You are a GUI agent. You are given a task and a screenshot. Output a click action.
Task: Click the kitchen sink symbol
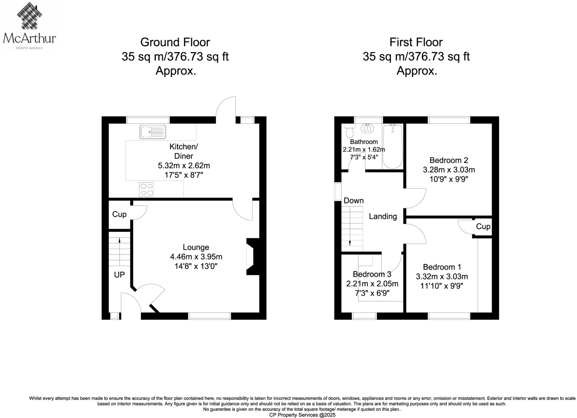point(152,132)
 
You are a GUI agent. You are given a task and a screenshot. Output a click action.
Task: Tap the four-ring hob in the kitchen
point(146,189)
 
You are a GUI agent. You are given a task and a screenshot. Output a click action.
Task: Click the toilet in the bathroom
point(349,132)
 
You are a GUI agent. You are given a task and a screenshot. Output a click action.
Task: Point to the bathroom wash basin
point(367,128)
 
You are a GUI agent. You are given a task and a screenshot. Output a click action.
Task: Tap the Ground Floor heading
point(175,42)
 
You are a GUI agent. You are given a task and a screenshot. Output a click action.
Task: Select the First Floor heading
point(416,42)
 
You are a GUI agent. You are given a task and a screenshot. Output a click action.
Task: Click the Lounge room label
point(196,247)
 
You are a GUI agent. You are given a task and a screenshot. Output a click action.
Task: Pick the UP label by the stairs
point(119,275)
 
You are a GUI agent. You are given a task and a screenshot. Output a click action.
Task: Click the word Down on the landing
point(354,201)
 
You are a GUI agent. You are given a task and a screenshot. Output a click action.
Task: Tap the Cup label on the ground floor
point(119,214)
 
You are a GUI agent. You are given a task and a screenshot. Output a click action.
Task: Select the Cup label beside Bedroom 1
point(483,226)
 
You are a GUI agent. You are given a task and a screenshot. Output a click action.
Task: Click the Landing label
point(383,216)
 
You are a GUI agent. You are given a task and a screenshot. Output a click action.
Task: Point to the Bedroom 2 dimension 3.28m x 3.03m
point(449,170)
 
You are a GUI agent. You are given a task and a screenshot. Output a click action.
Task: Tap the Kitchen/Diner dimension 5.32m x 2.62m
point(184,165)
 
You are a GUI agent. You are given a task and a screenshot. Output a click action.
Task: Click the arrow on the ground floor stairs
point(119,240)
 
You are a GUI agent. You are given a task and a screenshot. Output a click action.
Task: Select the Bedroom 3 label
point(372,274)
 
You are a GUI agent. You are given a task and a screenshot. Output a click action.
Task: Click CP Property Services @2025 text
point(302,415)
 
